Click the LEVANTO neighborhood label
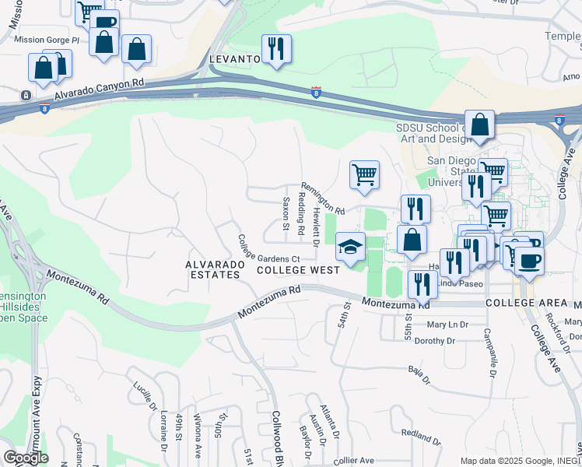(x=234, y=59)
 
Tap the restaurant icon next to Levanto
(x=275, y=50)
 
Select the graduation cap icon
(x=350, y=248)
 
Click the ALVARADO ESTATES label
(x=212, y=269)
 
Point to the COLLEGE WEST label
(x=298, y=270)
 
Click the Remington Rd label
(x=323, y=200)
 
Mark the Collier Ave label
(x=354, y=461)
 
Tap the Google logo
(x=26, y=458)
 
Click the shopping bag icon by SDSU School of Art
(x=482, y=125)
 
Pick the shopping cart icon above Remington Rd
(x=363, y=174)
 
